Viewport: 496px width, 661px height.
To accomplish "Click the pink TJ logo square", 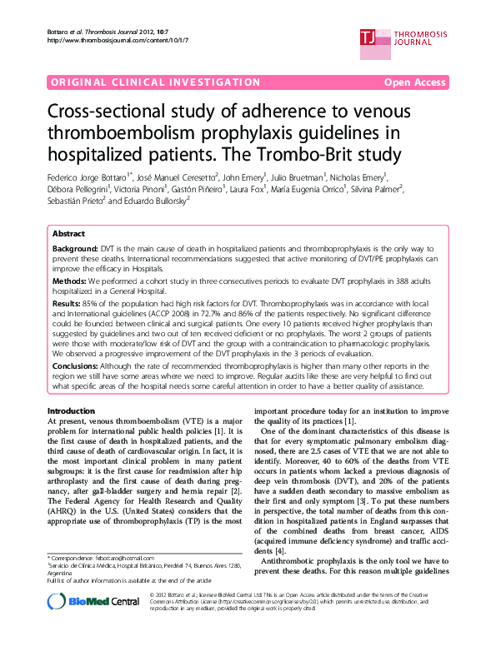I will click(x=368, y=35).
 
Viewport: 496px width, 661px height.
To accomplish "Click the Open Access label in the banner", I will click(x=415, y=82).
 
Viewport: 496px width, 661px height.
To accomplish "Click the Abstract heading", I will click(x=68, y=235).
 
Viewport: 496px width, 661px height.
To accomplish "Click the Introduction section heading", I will click(x=71, y=412).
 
